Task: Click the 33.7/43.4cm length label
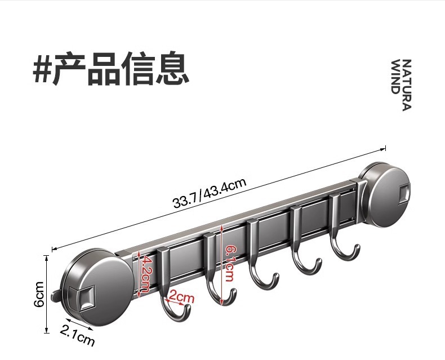pyautogui.click(x=210, y=193)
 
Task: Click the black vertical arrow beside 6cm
pyautogui.click(x=47, y=294)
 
